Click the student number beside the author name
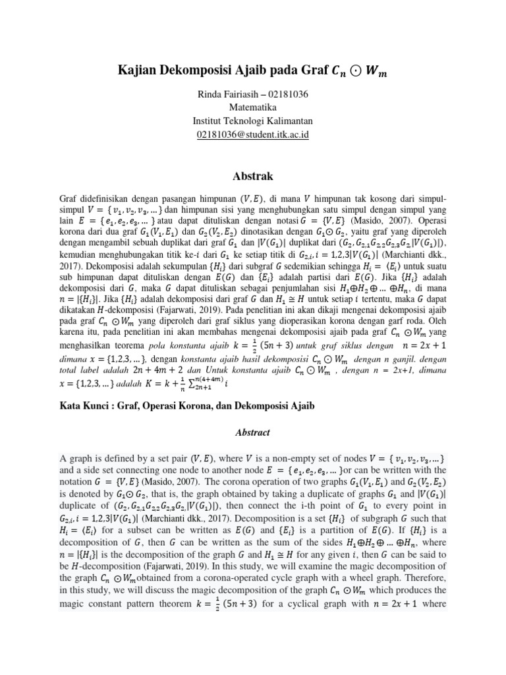click(286, 94)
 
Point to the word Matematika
click(253, 107)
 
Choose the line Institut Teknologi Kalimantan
click(253, 121)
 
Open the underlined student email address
click(253, 134)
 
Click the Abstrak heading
click(253, 176)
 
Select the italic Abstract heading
click(253, 432)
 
